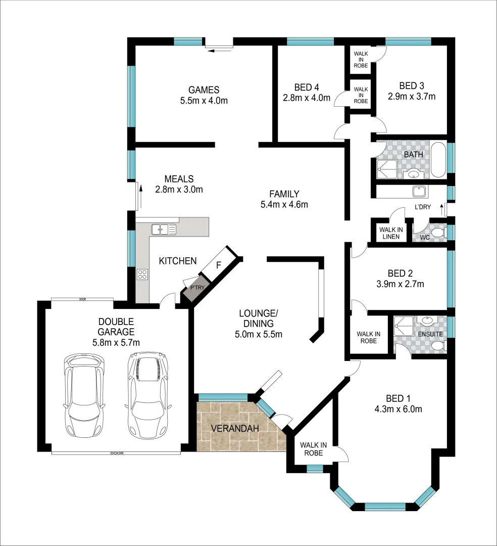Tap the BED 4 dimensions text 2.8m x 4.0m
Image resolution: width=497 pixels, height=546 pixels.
point(307,98)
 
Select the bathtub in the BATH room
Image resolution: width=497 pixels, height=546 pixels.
point(437,160)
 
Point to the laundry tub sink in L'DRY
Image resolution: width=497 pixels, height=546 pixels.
point(419,192)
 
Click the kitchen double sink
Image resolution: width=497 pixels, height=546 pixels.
point(164,229)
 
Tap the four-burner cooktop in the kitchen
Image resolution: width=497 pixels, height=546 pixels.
point(143,275)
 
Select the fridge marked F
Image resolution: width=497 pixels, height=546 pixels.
point(218,265)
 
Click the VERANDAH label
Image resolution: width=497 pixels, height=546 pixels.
point(235,428)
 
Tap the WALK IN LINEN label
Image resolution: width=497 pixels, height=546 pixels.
point(391,233)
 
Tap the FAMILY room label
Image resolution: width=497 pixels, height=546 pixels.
point(284,194)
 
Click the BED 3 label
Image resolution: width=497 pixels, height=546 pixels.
point(411,85)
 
